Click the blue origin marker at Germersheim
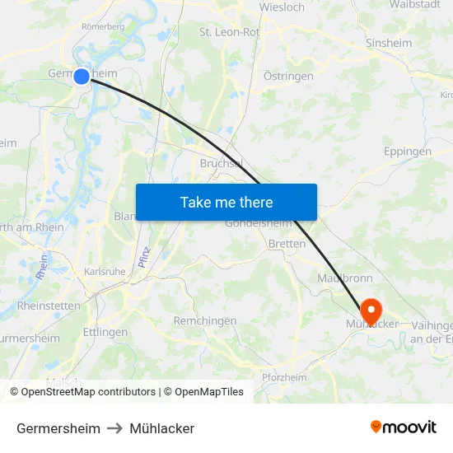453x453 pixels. coord(82,77)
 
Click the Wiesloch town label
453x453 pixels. coord(282,7)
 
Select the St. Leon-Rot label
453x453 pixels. coord(229,32)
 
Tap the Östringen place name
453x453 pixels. coord(288,76)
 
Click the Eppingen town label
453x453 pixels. coord(407,152)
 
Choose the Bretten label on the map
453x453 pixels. coord(287,244)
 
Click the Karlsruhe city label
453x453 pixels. coord(105,271)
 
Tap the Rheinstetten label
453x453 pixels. coord(49,306)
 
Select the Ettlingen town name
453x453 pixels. coord(105,332)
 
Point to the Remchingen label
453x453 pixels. coord(205,320)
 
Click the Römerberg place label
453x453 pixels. coord(103,26)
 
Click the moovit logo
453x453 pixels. coord(404,427)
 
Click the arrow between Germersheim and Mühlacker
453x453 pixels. coord(114,428)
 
